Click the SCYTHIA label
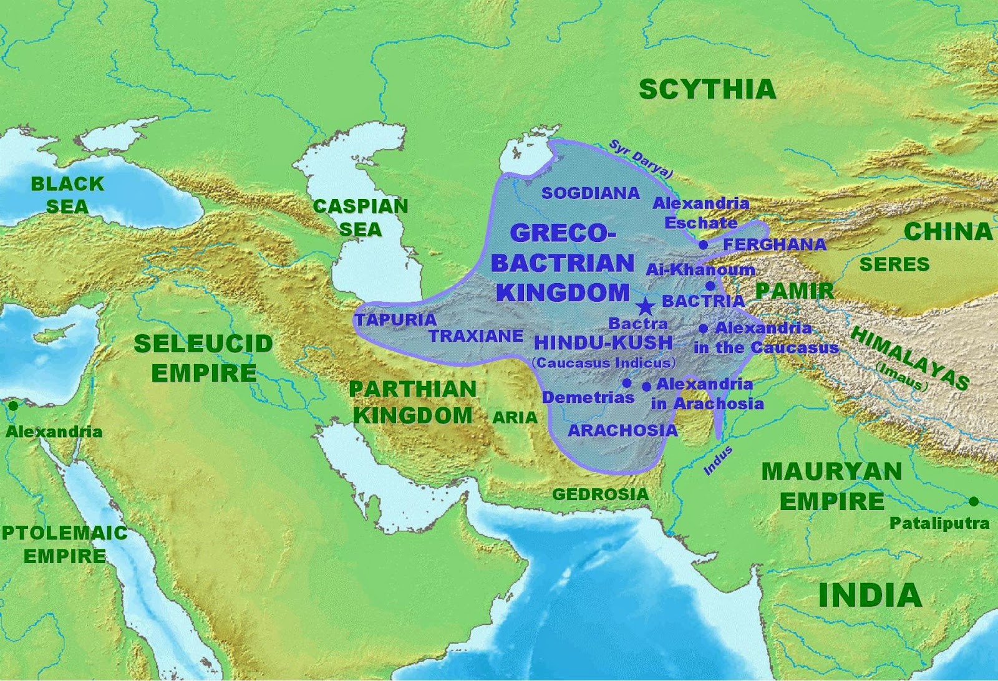[x=707, y=90]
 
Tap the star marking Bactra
[x=645, y=306]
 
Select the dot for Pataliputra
[x=974, y=501]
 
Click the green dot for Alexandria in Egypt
[x=12, y=406]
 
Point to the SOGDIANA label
[x=590, y=193]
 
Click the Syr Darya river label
[x=640, y=159]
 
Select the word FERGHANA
[x=774, y=244]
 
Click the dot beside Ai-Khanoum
[x=710, y=286]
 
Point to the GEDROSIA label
[x=600, y=495]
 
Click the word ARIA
[x=515, y=418]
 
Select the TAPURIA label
[x=395, y=320]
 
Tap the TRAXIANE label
[x=476, y=336]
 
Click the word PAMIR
[x=794, y=291]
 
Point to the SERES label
[x=894, y=264]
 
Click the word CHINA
[x=947, y=232]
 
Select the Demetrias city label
[x=588, y=397]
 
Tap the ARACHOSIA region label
[x=622, y=430]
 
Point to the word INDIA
[x=870, y=595]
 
